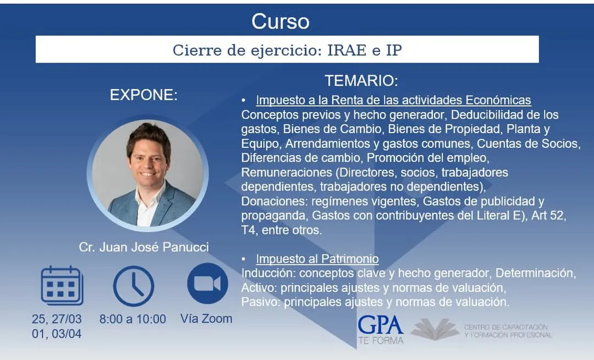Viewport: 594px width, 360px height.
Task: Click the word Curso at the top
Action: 280,21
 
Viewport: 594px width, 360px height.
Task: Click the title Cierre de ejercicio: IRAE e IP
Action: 287,50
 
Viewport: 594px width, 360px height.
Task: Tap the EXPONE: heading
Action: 144,95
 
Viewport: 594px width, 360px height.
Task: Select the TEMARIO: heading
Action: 361,81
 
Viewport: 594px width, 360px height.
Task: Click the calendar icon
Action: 62,286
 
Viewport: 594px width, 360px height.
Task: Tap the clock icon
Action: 133,286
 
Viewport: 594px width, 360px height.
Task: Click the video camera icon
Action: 207,284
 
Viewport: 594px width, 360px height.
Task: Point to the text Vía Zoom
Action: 206,319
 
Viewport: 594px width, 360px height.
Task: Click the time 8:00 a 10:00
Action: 133,319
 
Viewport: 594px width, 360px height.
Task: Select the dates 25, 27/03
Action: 57,319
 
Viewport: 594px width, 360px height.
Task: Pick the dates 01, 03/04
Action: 57,334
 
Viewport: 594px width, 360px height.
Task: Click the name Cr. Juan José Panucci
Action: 144,247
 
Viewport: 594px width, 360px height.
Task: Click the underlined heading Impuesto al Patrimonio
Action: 317,259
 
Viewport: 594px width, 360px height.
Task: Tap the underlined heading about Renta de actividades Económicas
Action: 393,101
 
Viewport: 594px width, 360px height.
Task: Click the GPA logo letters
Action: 381,325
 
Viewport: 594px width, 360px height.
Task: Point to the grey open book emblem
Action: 435,329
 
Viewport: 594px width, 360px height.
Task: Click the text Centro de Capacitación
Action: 506,327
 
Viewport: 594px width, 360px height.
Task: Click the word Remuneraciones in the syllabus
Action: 287,172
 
